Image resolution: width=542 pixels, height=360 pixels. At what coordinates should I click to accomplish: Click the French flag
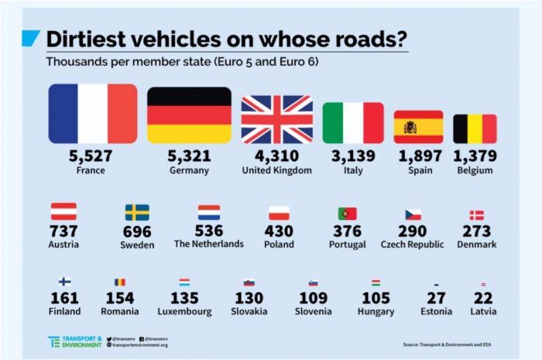point(92,114)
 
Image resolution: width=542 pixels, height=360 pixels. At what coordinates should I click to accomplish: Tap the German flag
point(189,115)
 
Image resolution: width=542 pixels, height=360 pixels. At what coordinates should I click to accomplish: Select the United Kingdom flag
point(276,119)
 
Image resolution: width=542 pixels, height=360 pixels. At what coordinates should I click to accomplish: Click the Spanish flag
point(418,127)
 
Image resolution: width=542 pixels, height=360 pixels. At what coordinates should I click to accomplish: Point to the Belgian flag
point(475,129)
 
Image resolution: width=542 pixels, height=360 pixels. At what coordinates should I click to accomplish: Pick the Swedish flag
point(137,212)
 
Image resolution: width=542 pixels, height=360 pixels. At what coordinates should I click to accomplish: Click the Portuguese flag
point(347,214)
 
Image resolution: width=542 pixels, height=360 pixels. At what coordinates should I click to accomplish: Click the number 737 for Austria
point(63,231)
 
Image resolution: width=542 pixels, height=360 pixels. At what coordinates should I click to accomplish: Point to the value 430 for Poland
point(279,231)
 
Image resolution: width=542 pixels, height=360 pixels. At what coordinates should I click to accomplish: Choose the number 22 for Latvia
point(484,298)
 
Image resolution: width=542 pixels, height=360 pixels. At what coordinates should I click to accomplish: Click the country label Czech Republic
point(413,245)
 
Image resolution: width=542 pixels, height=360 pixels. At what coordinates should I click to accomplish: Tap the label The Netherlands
point(209,244)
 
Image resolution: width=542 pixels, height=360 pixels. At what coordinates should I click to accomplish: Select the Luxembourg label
point(184,312)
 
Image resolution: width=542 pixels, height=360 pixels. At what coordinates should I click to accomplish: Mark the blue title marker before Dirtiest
point(29,38)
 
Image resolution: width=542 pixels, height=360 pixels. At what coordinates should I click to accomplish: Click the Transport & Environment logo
point(74,341)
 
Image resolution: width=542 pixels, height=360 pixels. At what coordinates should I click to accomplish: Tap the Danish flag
point(476,215)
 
